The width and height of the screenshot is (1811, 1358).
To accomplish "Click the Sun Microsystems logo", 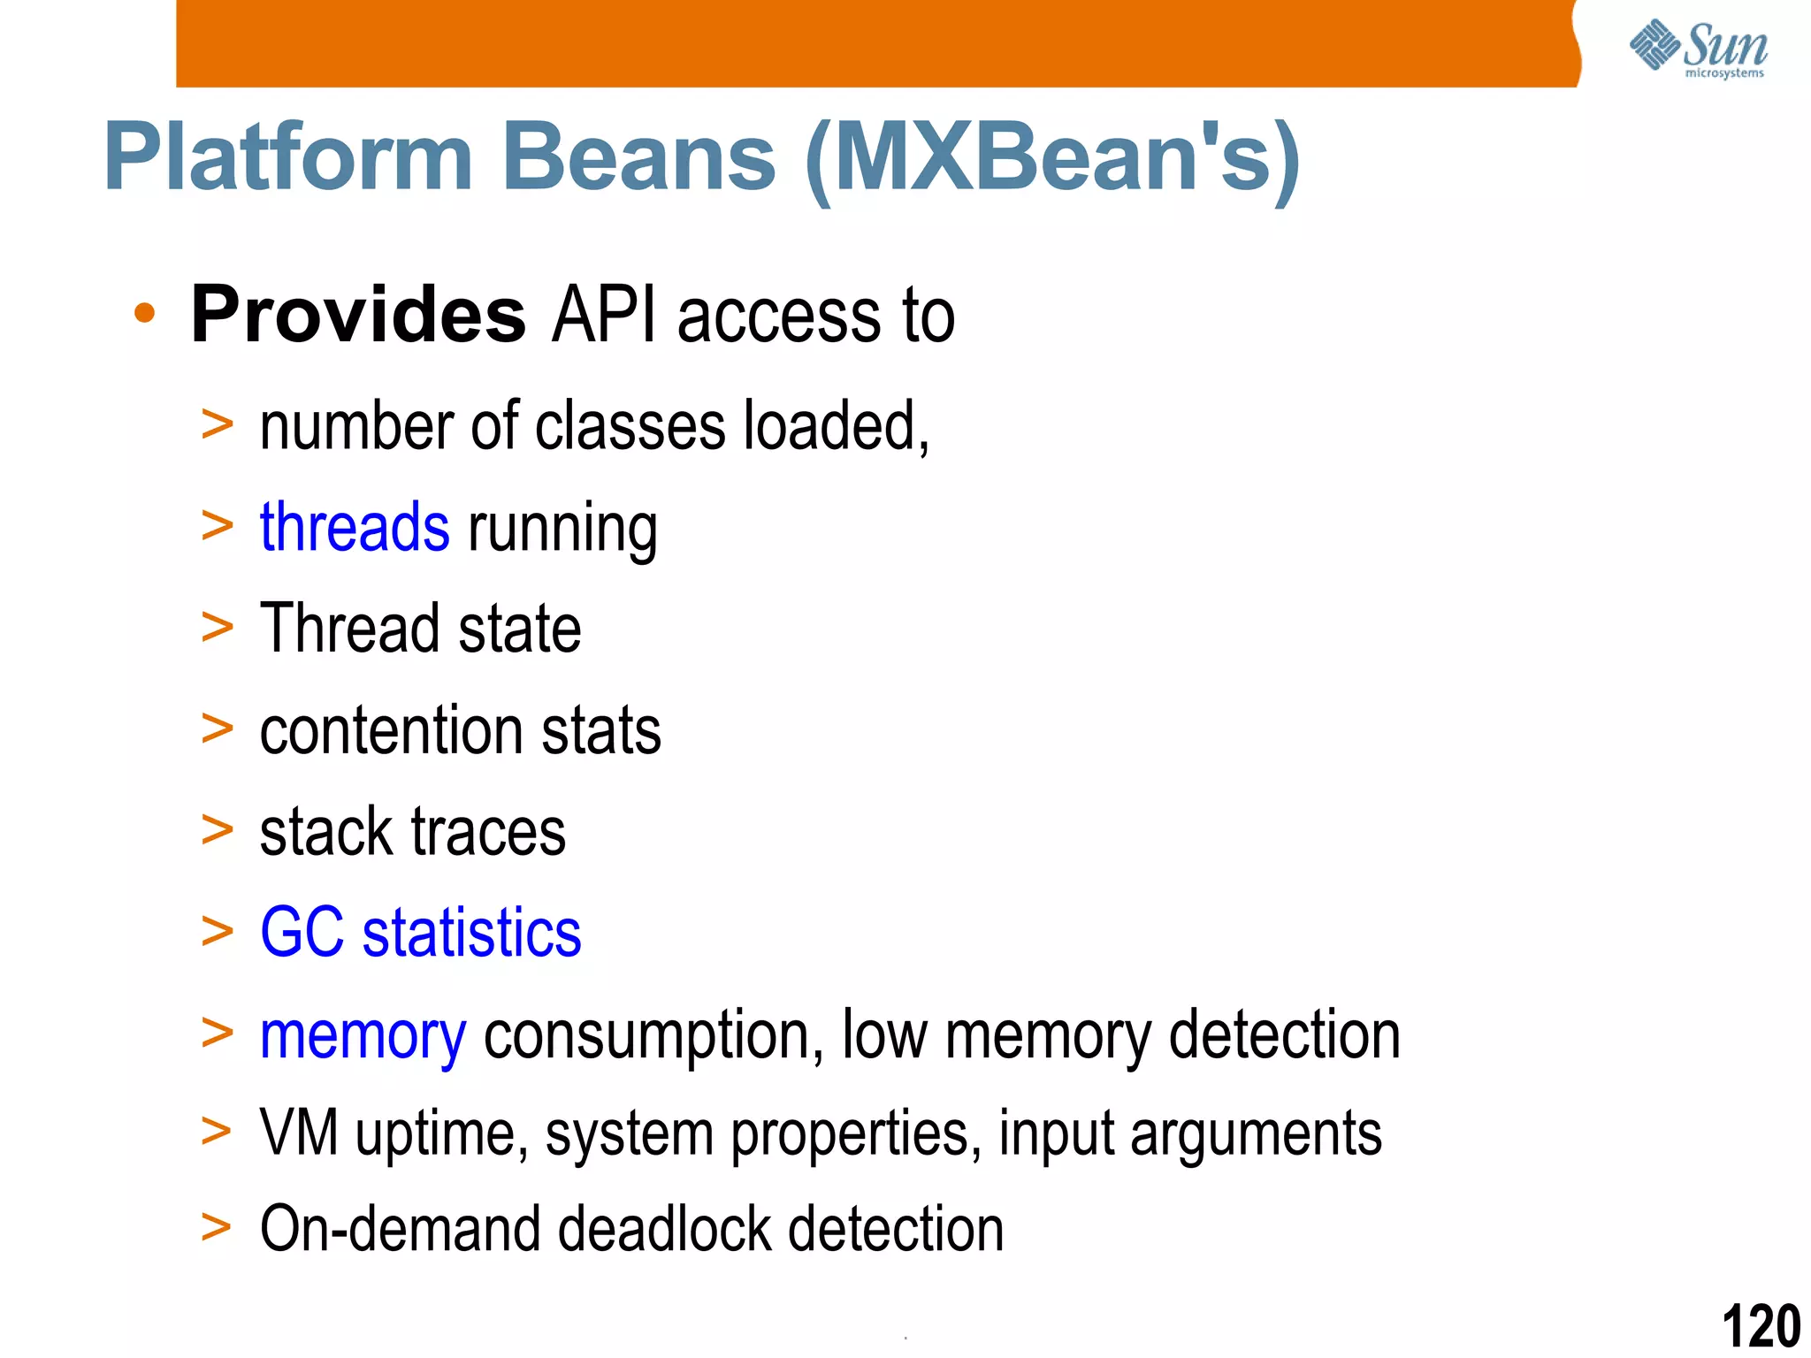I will (x=1698, y=49).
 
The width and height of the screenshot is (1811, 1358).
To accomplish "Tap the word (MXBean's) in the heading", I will (x=1052, y=159).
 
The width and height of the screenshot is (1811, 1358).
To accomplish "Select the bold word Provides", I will (x=358, y=315).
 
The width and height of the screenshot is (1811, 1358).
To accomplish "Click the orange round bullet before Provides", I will (x=144, y=313).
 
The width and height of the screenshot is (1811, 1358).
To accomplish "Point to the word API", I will (x=604, y=315).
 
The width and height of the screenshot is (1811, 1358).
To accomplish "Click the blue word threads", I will (x=355, y=527).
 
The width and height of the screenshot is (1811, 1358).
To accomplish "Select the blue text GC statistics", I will (x=420, y=933).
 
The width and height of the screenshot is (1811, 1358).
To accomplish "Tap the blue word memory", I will (x=363, y=1036).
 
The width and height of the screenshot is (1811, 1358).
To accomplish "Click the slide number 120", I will (x=1761, y=1326).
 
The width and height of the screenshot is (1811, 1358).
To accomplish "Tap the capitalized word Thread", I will (x=349, y=629).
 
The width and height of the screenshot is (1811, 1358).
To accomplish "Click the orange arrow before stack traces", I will (x=217, y=830).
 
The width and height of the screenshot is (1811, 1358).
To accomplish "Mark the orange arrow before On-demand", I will (x=216, y=1227).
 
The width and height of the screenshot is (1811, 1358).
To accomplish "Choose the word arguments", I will (x=1255, y=1134).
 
